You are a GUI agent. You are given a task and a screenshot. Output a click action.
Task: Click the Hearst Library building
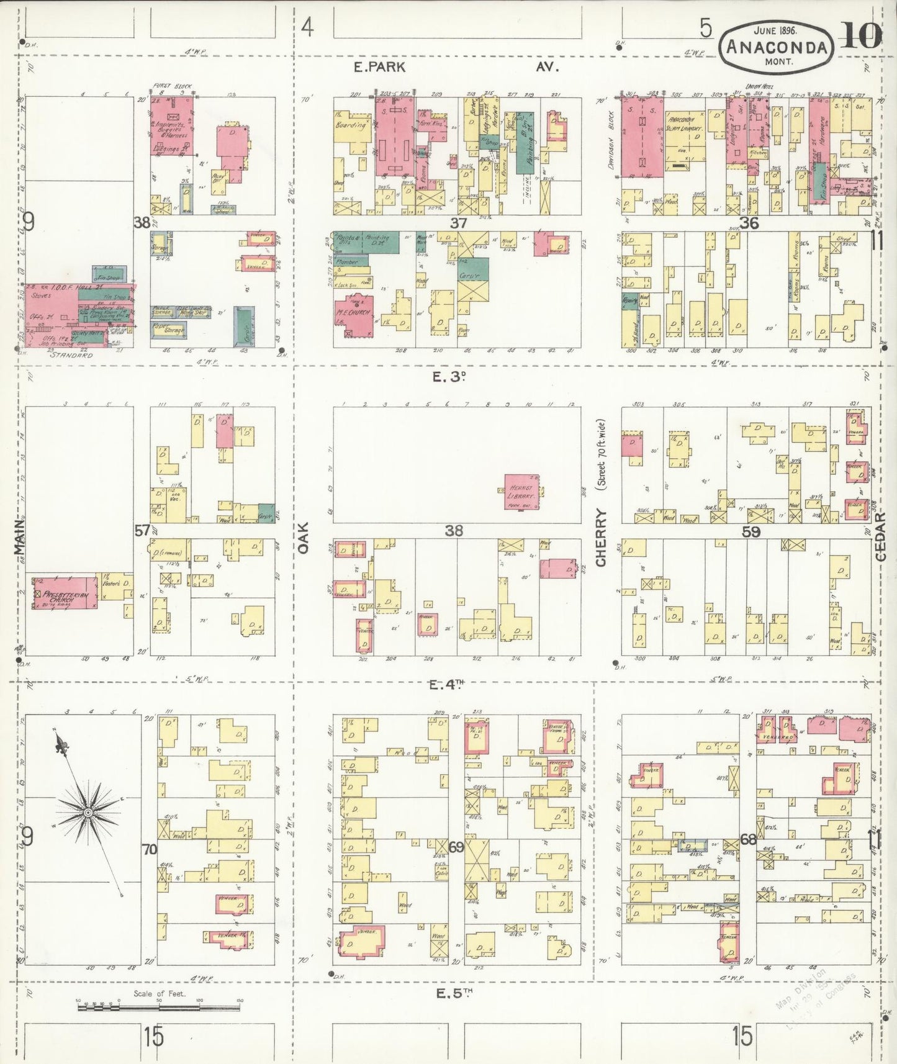point(521,492)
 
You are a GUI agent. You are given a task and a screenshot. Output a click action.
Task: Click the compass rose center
point(88,813)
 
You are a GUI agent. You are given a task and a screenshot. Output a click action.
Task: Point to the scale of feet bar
point(158,1008)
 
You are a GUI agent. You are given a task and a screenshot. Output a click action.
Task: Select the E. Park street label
point(379,67)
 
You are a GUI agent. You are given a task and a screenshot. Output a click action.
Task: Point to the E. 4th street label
point(446,685)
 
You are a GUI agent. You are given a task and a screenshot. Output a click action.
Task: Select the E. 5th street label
point(454,994)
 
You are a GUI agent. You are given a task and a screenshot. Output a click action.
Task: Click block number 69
point(456,847)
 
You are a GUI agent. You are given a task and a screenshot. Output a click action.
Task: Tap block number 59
point(751,532)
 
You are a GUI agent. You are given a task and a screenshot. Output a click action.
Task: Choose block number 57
point(143,531)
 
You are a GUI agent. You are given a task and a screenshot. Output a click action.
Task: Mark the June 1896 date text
point(775,30)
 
